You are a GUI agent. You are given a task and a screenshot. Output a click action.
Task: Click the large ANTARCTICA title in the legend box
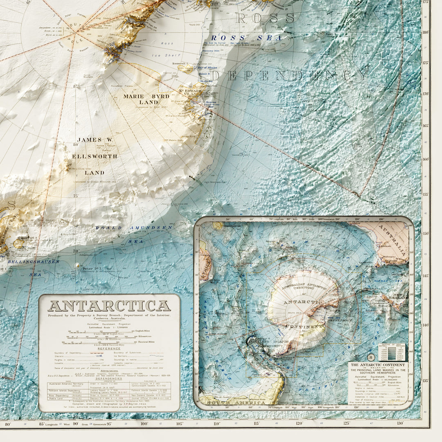point(109,306)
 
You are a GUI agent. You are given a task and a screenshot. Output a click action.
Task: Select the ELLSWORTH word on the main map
point(95,156)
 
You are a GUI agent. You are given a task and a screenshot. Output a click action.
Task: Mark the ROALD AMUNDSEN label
point(134,228)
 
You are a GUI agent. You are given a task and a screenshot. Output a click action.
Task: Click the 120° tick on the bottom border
point(300,423)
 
